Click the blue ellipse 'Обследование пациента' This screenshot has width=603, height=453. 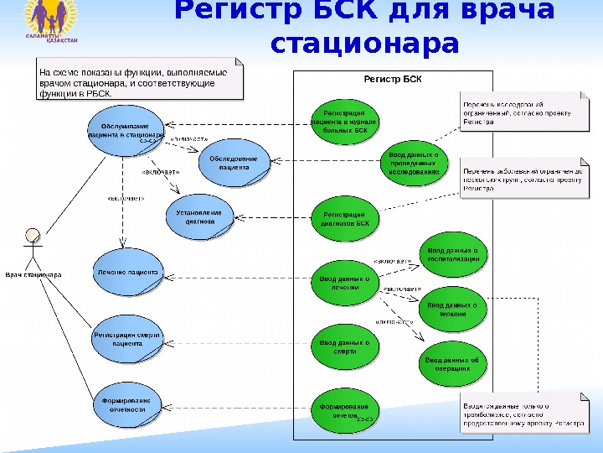(x=234, y=163)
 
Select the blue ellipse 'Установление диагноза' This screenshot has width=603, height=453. (x=199, y=217)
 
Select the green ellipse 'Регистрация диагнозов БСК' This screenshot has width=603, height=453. (x=344, y=219)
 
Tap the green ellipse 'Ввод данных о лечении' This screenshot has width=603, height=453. (x=344, y=283)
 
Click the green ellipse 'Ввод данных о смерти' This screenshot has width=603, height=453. (x=344, y=346)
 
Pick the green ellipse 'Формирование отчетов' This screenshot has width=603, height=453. (x=344, y=411)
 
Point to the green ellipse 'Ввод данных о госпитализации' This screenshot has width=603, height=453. (x=452, y=254)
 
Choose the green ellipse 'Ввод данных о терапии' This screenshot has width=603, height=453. (x=452, y=310)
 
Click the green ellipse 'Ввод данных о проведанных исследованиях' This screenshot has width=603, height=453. (x=414, y=164)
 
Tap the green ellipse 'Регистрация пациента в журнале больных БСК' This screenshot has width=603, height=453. (x=344, y=121)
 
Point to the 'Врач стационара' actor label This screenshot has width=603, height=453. (x=33, y=274)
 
